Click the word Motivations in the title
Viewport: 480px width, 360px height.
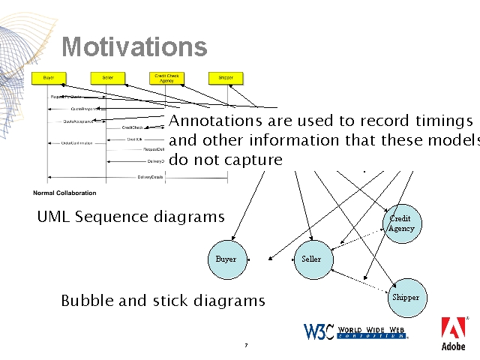(x=134, y=47)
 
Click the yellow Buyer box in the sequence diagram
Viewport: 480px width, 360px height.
(x=49, y=77)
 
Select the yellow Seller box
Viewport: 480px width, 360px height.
(x=107, y=77)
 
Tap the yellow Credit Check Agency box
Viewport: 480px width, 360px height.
(x=166, y=77)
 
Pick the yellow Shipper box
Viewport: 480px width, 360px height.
(x=226, y=77)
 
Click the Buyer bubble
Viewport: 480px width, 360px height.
(x=226, y=259)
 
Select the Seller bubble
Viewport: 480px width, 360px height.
(x=311, y=259)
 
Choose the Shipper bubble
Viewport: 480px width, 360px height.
(x=406, y=297)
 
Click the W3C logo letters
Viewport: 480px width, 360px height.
(x=318, y=331)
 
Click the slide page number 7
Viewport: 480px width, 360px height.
(x=245, y=346)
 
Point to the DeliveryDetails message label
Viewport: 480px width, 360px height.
(x=150, y=177)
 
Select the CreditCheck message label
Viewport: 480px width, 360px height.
(x=133, y=127)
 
